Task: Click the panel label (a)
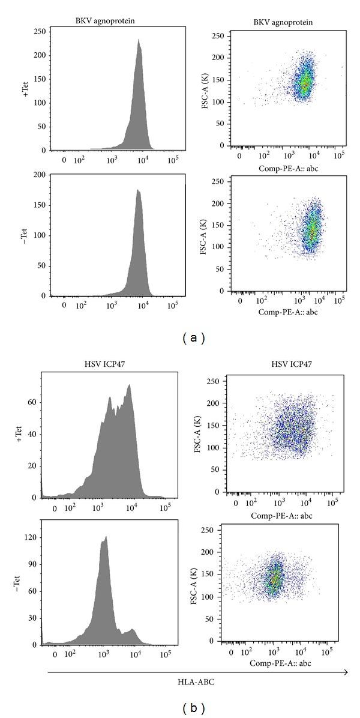tap(193, 338)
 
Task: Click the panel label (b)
tap(193, 708)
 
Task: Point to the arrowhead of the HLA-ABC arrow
tap(346, 672)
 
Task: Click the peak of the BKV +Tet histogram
tap(139, 40)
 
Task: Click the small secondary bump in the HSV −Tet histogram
tap(131, 630)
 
